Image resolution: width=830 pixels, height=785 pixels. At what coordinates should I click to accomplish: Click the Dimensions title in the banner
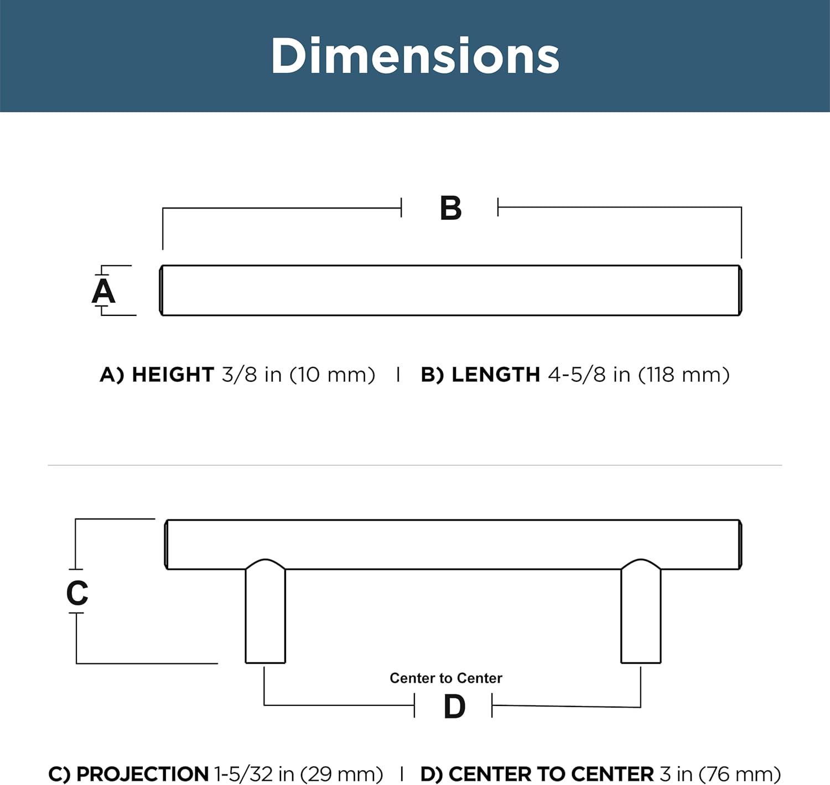click(416, 55)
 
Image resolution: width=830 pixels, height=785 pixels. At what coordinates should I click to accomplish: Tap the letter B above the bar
click(450, 207)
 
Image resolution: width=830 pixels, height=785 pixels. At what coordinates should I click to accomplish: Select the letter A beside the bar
click(103, 290)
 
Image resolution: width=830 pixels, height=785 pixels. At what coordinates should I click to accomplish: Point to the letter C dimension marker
click(77, 592)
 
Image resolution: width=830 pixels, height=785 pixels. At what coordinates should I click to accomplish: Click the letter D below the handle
click(454, 707)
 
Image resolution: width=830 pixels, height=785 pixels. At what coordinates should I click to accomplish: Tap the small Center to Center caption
click(446, 678)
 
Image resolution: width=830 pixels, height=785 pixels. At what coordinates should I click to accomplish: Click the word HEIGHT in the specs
click(173, 375)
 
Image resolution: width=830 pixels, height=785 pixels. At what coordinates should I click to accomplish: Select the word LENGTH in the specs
click(496, 375)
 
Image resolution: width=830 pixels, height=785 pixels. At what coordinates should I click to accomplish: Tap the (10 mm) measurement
click(332, 375)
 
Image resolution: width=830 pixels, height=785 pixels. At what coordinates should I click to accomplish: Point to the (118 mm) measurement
click(684, 375)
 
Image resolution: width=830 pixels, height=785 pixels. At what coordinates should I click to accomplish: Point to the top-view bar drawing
click(450, 290)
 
